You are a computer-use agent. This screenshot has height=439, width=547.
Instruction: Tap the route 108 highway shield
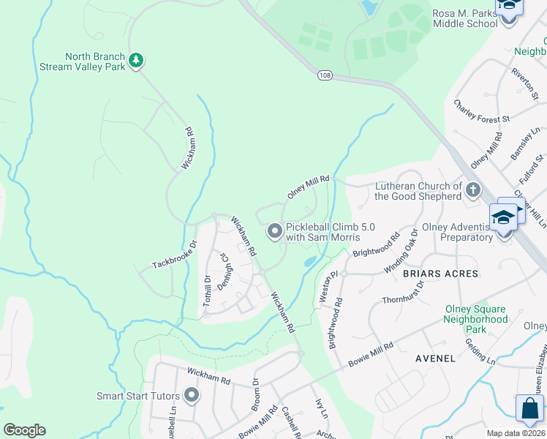[x=325, y=75]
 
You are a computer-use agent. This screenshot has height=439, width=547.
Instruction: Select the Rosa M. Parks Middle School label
[x=465, y=18]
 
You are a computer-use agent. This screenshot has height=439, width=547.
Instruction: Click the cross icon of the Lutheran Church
[x=473, y=191]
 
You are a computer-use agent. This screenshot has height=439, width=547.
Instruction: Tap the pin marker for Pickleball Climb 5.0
[x=275, y=232]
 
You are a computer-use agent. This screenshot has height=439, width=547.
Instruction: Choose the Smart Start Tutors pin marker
[x=192, y=396]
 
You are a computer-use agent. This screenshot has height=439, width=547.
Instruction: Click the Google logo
[x=25, y=430]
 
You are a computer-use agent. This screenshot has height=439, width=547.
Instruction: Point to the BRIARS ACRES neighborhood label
[x=440, y=274]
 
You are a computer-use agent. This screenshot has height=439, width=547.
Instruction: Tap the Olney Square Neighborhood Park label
[x=476, y=320]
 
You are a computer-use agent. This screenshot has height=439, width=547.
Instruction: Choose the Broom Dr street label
[x=256, y=392]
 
